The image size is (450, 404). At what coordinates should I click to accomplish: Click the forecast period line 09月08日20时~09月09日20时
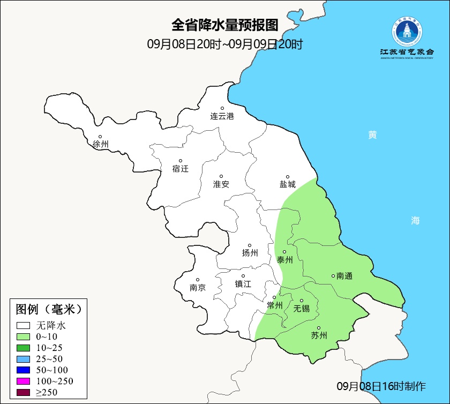pyautogui.click(x=225, y=44)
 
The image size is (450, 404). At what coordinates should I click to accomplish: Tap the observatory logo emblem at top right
pyautogui.click(x=407, y=32)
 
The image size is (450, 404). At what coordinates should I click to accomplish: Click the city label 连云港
pyautogui.click(x=222, y=116)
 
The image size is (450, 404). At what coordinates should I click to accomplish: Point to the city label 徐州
pyautogui.click(x=100, y=144)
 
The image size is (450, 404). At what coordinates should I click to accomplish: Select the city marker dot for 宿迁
pyautogui.click(x=181, y=161)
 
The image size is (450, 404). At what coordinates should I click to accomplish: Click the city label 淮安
pyautogui.click(x=221, y=184)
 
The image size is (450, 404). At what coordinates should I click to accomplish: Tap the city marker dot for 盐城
pyautogui.click(x=288, y=177)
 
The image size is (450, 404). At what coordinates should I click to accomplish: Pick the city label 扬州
pyautogui.click(x=250, y=253)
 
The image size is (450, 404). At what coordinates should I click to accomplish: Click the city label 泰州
pyautogui.click(x=284, y=260)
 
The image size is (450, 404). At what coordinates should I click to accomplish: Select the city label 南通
pyautogui.click(x=344, y=276)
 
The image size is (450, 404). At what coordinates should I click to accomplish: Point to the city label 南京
pyautogui.click(x=198, y=287)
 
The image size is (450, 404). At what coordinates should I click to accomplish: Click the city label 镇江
pyautogui.click(x=243, y=284)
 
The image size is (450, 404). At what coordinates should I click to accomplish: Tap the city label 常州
pyautogui.click(x=274, y=305)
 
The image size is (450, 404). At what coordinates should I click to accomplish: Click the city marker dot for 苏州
pyautogui.click(x=319, y=328)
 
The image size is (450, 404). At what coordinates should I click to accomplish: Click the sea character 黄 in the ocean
pyautogui.click(x=372, y=135)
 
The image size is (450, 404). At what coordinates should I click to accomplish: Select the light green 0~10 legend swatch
pyautogui.click(x=23, y=336)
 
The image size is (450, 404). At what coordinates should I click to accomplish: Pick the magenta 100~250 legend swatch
pyautogui.click(x=23, y=381)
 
